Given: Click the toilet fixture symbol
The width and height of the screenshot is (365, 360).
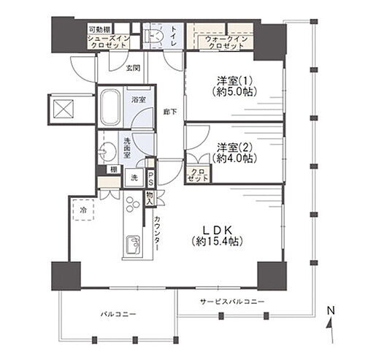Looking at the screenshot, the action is pyautogui.click(x=153, y=35).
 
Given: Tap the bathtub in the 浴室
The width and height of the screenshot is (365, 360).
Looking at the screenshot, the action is pyautogui.click(x=110, y=107).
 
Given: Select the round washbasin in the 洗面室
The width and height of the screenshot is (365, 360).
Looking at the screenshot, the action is pyautogui.click(x=107, y=152).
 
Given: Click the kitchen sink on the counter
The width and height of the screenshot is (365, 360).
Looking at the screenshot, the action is pyautogui.click(x=133, y=245).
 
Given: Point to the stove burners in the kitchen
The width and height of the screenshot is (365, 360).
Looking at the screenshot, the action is pyautogui.click(x=132, y=204).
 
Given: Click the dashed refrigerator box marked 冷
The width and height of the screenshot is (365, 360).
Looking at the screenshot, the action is pyautogui.click(x=83, y=210).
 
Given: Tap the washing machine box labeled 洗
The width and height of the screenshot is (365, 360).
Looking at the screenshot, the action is pyautogui.click(x=134, y=178).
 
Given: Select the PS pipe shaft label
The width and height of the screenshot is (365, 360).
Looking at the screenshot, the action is pyautogui.click(x=150, y=178).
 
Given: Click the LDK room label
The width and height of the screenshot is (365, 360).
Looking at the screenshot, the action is pyautogui.click(x=217, y=235).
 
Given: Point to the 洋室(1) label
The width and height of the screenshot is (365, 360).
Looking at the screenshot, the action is pyautogui.click(x=234, y=86).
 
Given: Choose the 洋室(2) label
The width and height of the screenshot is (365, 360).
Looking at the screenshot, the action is pyautogui.click(x=234, y=153).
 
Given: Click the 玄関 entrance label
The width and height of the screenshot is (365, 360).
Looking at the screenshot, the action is pyautogui.click(x=133, y=68).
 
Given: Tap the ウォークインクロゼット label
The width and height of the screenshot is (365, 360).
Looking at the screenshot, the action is pyautogui.click(x=226, y=42).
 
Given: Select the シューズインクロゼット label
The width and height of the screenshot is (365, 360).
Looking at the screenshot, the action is pyautogui.click(x=109, y=42).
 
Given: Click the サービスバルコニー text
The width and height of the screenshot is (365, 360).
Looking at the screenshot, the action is pyautogui.click(x=232, y=302).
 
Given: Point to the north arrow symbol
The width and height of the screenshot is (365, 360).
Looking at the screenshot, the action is pyautogui.click(x=330, y=324).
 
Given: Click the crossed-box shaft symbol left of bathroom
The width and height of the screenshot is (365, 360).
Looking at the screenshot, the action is pyautogui.click(x=64, y=109).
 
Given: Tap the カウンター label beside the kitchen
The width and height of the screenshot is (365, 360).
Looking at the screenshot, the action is pyautogui.click(x=157, y=233).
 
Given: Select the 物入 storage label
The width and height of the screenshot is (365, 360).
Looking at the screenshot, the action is pyautogui.click(x=150, y=198).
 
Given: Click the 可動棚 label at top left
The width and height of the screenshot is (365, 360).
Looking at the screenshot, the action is pyautogui.click(x=99, y=30).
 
